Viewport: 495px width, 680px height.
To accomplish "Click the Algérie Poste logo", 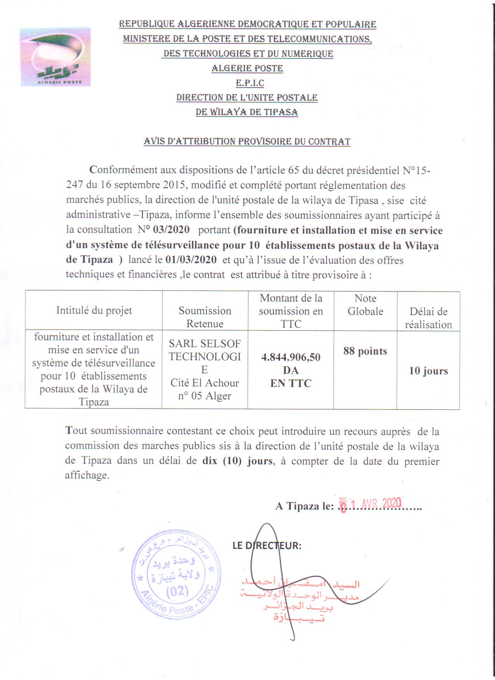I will (55, 57).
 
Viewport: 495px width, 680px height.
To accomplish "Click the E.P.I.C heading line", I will (247, 83).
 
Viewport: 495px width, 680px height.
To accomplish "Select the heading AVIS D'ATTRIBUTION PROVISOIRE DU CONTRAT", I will (247, 142).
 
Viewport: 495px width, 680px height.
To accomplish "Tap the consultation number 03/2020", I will (171, 230).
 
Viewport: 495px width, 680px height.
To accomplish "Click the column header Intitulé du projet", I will (94, 311).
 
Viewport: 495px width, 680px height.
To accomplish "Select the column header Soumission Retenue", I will (205, 317).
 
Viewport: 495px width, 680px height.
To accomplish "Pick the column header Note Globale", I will (365, 305).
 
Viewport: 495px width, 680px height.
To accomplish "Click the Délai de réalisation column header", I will (428, 318).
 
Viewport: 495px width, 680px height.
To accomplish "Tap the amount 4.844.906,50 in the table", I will (291, 357).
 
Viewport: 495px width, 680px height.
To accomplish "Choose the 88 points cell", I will (365, 351).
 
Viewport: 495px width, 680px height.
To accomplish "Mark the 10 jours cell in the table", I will (428, 371).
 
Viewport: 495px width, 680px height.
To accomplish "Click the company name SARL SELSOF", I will (205, 343).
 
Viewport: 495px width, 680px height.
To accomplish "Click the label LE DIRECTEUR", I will (267, 545).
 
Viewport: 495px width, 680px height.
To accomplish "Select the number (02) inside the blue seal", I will (177, 592).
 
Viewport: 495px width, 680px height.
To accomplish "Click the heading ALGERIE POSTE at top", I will (247, 69).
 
